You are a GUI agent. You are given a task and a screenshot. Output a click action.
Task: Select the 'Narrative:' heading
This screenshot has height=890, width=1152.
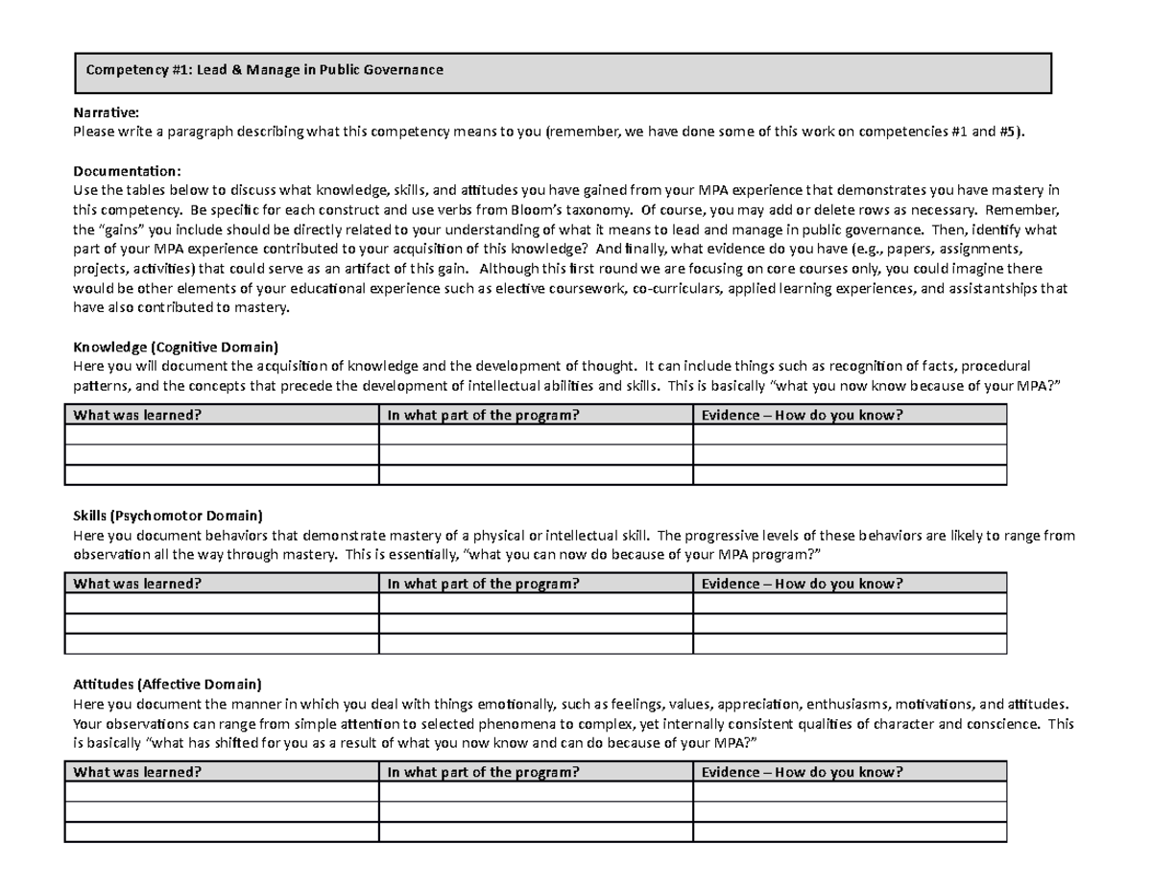click(x=107, y=113)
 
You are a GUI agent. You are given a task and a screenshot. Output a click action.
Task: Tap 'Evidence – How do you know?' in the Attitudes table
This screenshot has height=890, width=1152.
click(x=803, y=773)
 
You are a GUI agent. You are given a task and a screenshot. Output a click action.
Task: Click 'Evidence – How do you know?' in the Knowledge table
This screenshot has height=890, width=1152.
click(x=803, y=414)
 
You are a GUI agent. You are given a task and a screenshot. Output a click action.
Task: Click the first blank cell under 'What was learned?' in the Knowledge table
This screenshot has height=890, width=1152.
click(x=221, y=434)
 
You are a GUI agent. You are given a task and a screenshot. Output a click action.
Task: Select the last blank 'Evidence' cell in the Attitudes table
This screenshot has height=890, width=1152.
click(x=850, y=832)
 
